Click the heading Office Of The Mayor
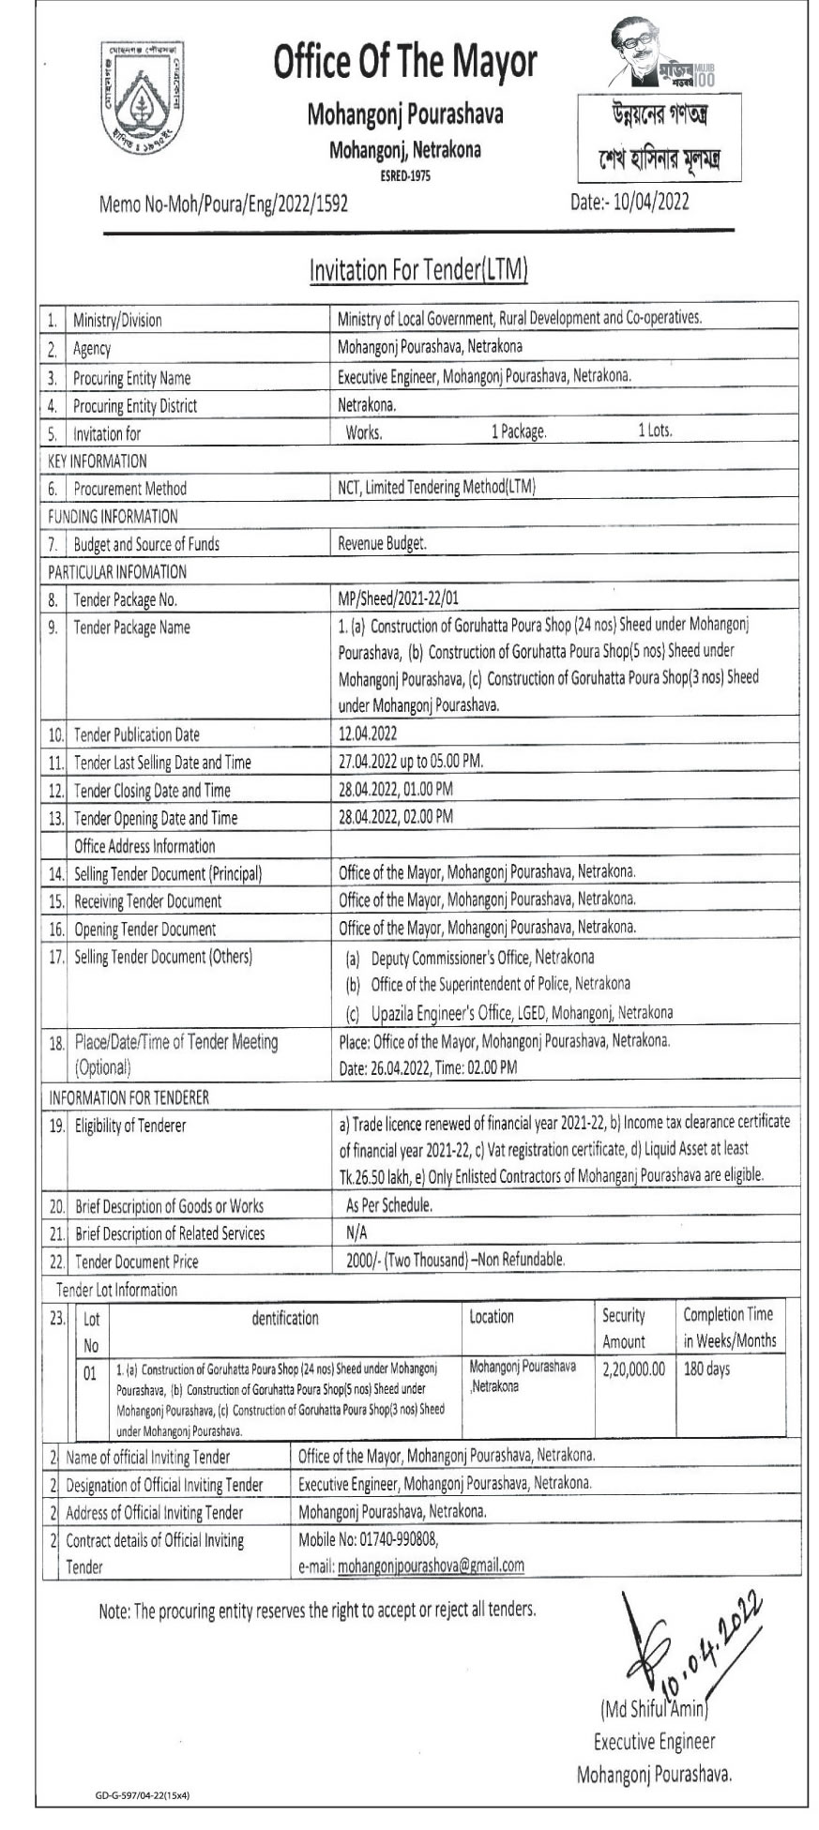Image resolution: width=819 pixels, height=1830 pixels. pos(405,63)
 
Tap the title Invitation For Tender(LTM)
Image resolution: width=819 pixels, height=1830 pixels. pos(418,270)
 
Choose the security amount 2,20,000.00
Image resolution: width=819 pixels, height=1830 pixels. pos(633,1369)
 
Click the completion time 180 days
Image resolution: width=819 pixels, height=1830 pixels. pos(706,1369)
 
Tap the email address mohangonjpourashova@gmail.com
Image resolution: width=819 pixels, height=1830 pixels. pos(431,1565)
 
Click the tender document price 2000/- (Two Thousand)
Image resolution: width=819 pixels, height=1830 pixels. pos(406,1261)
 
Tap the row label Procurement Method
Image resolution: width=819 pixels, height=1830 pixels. pos(130,489)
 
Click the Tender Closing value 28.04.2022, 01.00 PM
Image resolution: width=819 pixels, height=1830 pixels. pos(396,790)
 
